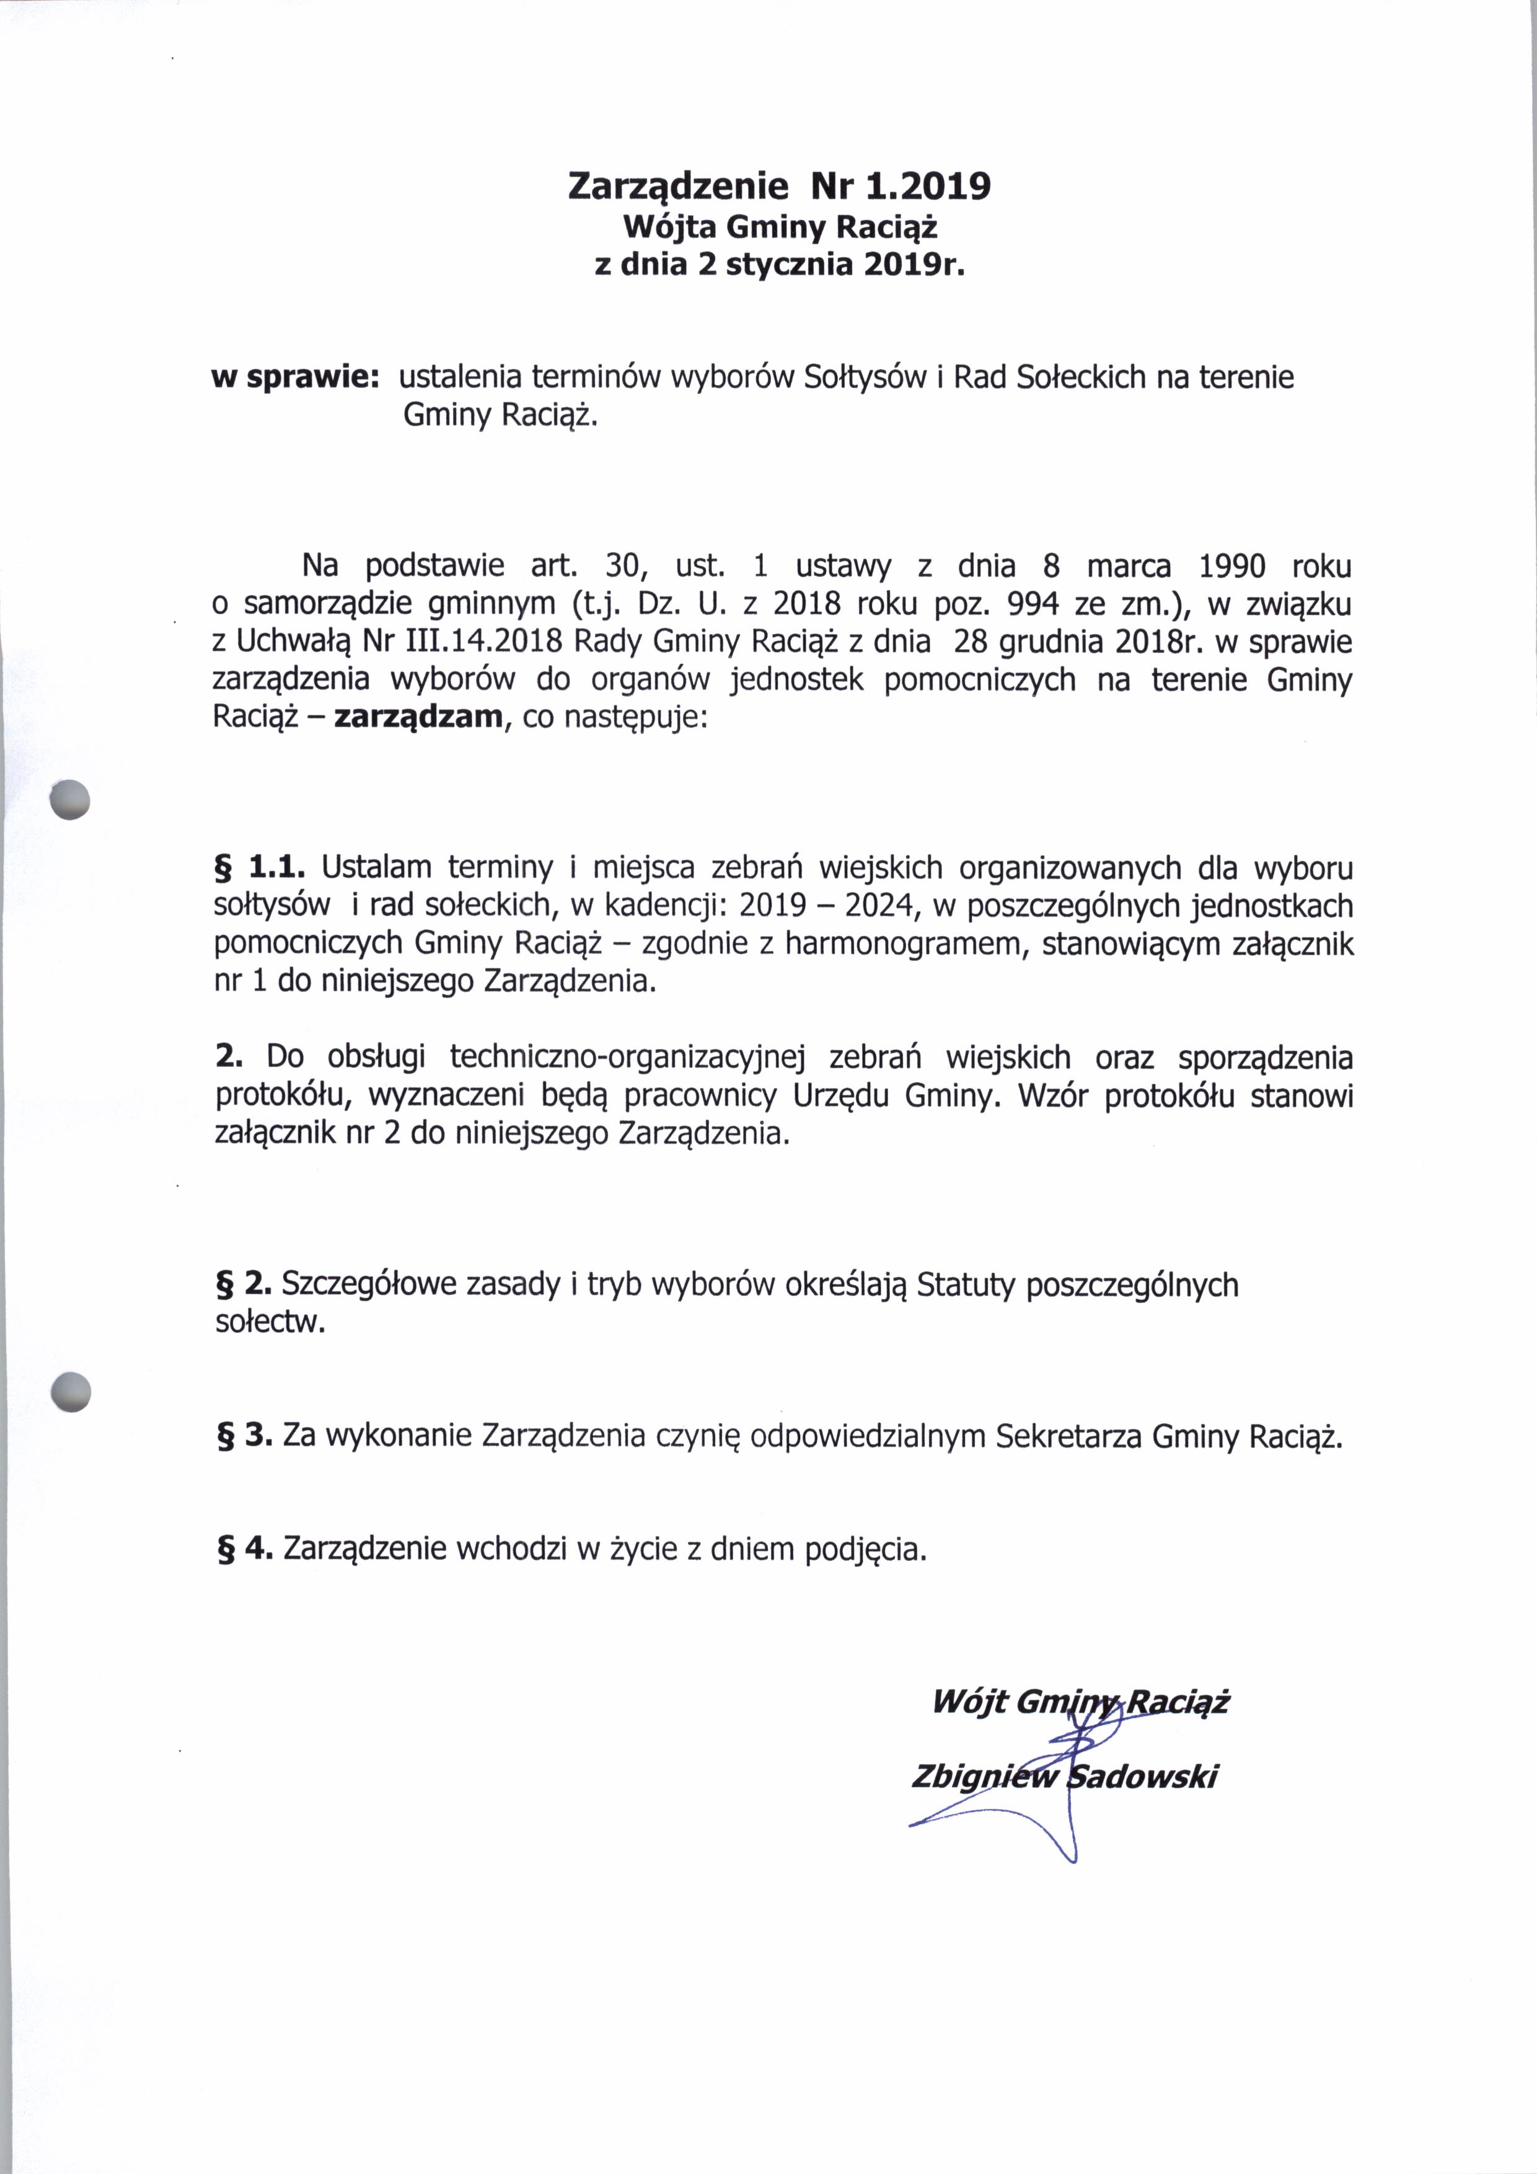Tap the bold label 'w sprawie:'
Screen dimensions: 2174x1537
click(x=295, y=378)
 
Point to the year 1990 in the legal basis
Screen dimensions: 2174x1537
click(x=1231, y=566)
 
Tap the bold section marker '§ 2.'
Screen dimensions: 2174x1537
click(x=244, y=1285)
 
